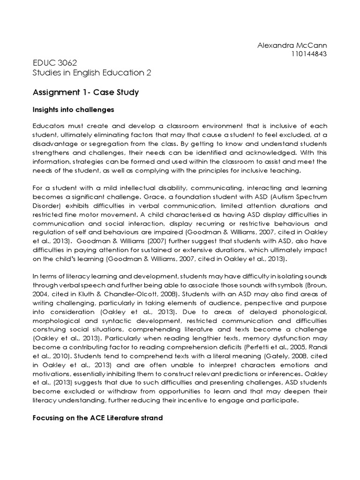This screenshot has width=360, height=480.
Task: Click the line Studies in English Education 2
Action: point(92,72)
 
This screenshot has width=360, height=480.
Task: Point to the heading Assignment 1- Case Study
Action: point(86,92)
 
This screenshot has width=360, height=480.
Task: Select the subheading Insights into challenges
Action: point(73,110)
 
